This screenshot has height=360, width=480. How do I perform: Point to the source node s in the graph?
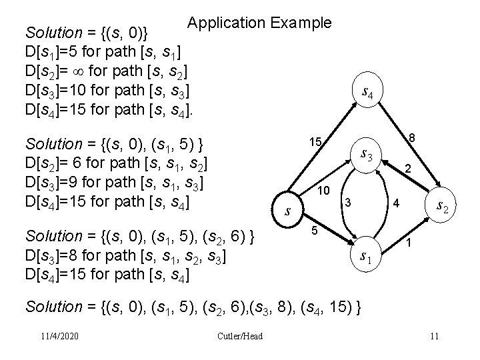tap(287, 211)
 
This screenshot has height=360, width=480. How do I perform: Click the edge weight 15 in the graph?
tap(315, 142)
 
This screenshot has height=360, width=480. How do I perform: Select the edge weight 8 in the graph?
tap(413, 138)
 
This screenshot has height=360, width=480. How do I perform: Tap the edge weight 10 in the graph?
tap(325, 191)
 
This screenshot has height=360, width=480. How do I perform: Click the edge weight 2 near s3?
tap(408, 169)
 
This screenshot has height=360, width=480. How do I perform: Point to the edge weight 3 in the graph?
tap(347, 202)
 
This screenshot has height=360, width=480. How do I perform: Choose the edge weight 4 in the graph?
tap(395, 202)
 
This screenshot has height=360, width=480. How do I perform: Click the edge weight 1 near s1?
tap(409, 244)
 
